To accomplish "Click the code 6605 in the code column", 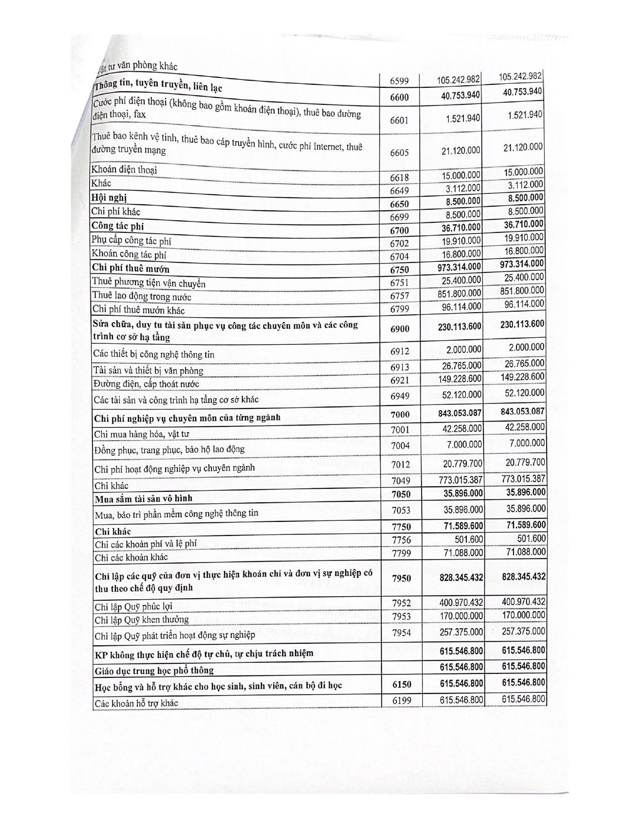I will click(400, 153).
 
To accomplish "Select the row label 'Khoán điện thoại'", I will click(124, 170).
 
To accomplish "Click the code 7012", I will click(400, 464).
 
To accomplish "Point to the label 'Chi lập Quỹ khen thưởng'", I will click(142, 620).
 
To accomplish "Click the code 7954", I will click(401, 633).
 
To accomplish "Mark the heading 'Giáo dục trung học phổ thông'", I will click(154, 670).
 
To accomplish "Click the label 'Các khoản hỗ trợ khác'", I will click(136, 703).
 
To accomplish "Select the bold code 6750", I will click(400, 269).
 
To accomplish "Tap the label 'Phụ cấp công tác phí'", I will click(131, 241).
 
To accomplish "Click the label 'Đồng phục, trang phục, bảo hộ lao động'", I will click(170, 449).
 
